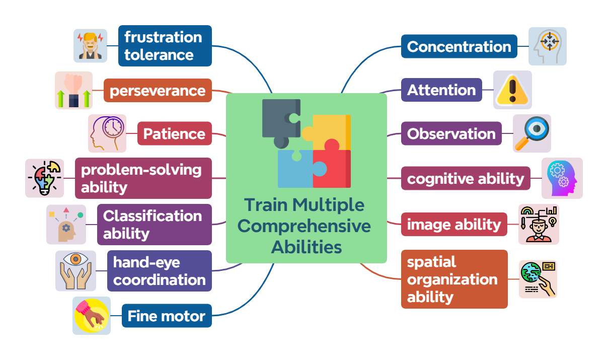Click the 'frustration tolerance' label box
tap(165, 46)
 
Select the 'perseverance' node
tap(158, 91)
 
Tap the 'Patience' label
tap(174, 134)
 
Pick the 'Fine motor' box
tap(167, 316)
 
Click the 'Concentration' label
tap(459, 47)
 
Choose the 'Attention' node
tap(441, 90)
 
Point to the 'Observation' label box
tap(451, 134)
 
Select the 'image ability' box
tap(454, 225)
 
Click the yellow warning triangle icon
tap(512, 90)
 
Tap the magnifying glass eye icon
tap(532, 133)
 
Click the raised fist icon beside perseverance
tap(73, 91)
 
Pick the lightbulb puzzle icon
tap(44, 178)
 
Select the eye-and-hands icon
tap(75, 271)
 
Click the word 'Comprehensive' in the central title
tap(304, 226)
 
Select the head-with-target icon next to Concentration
tap(547, 46)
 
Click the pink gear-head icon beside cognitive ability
tap(562, 178)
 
